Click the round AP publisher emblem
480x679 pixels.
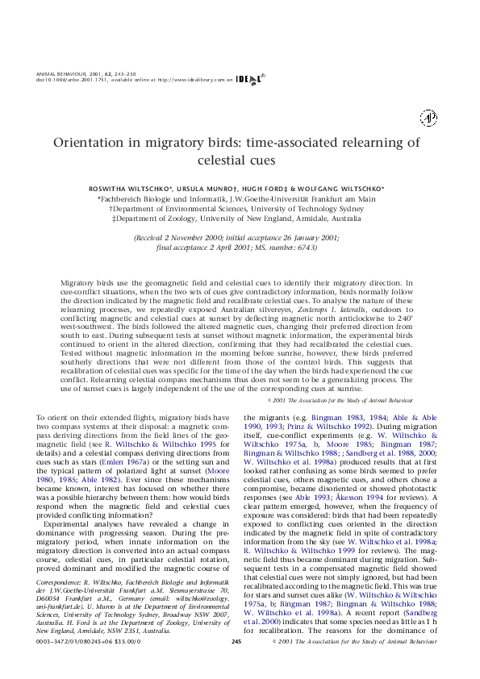click(428, 119)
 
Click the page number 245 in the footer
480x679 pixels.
click(236, 664)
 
